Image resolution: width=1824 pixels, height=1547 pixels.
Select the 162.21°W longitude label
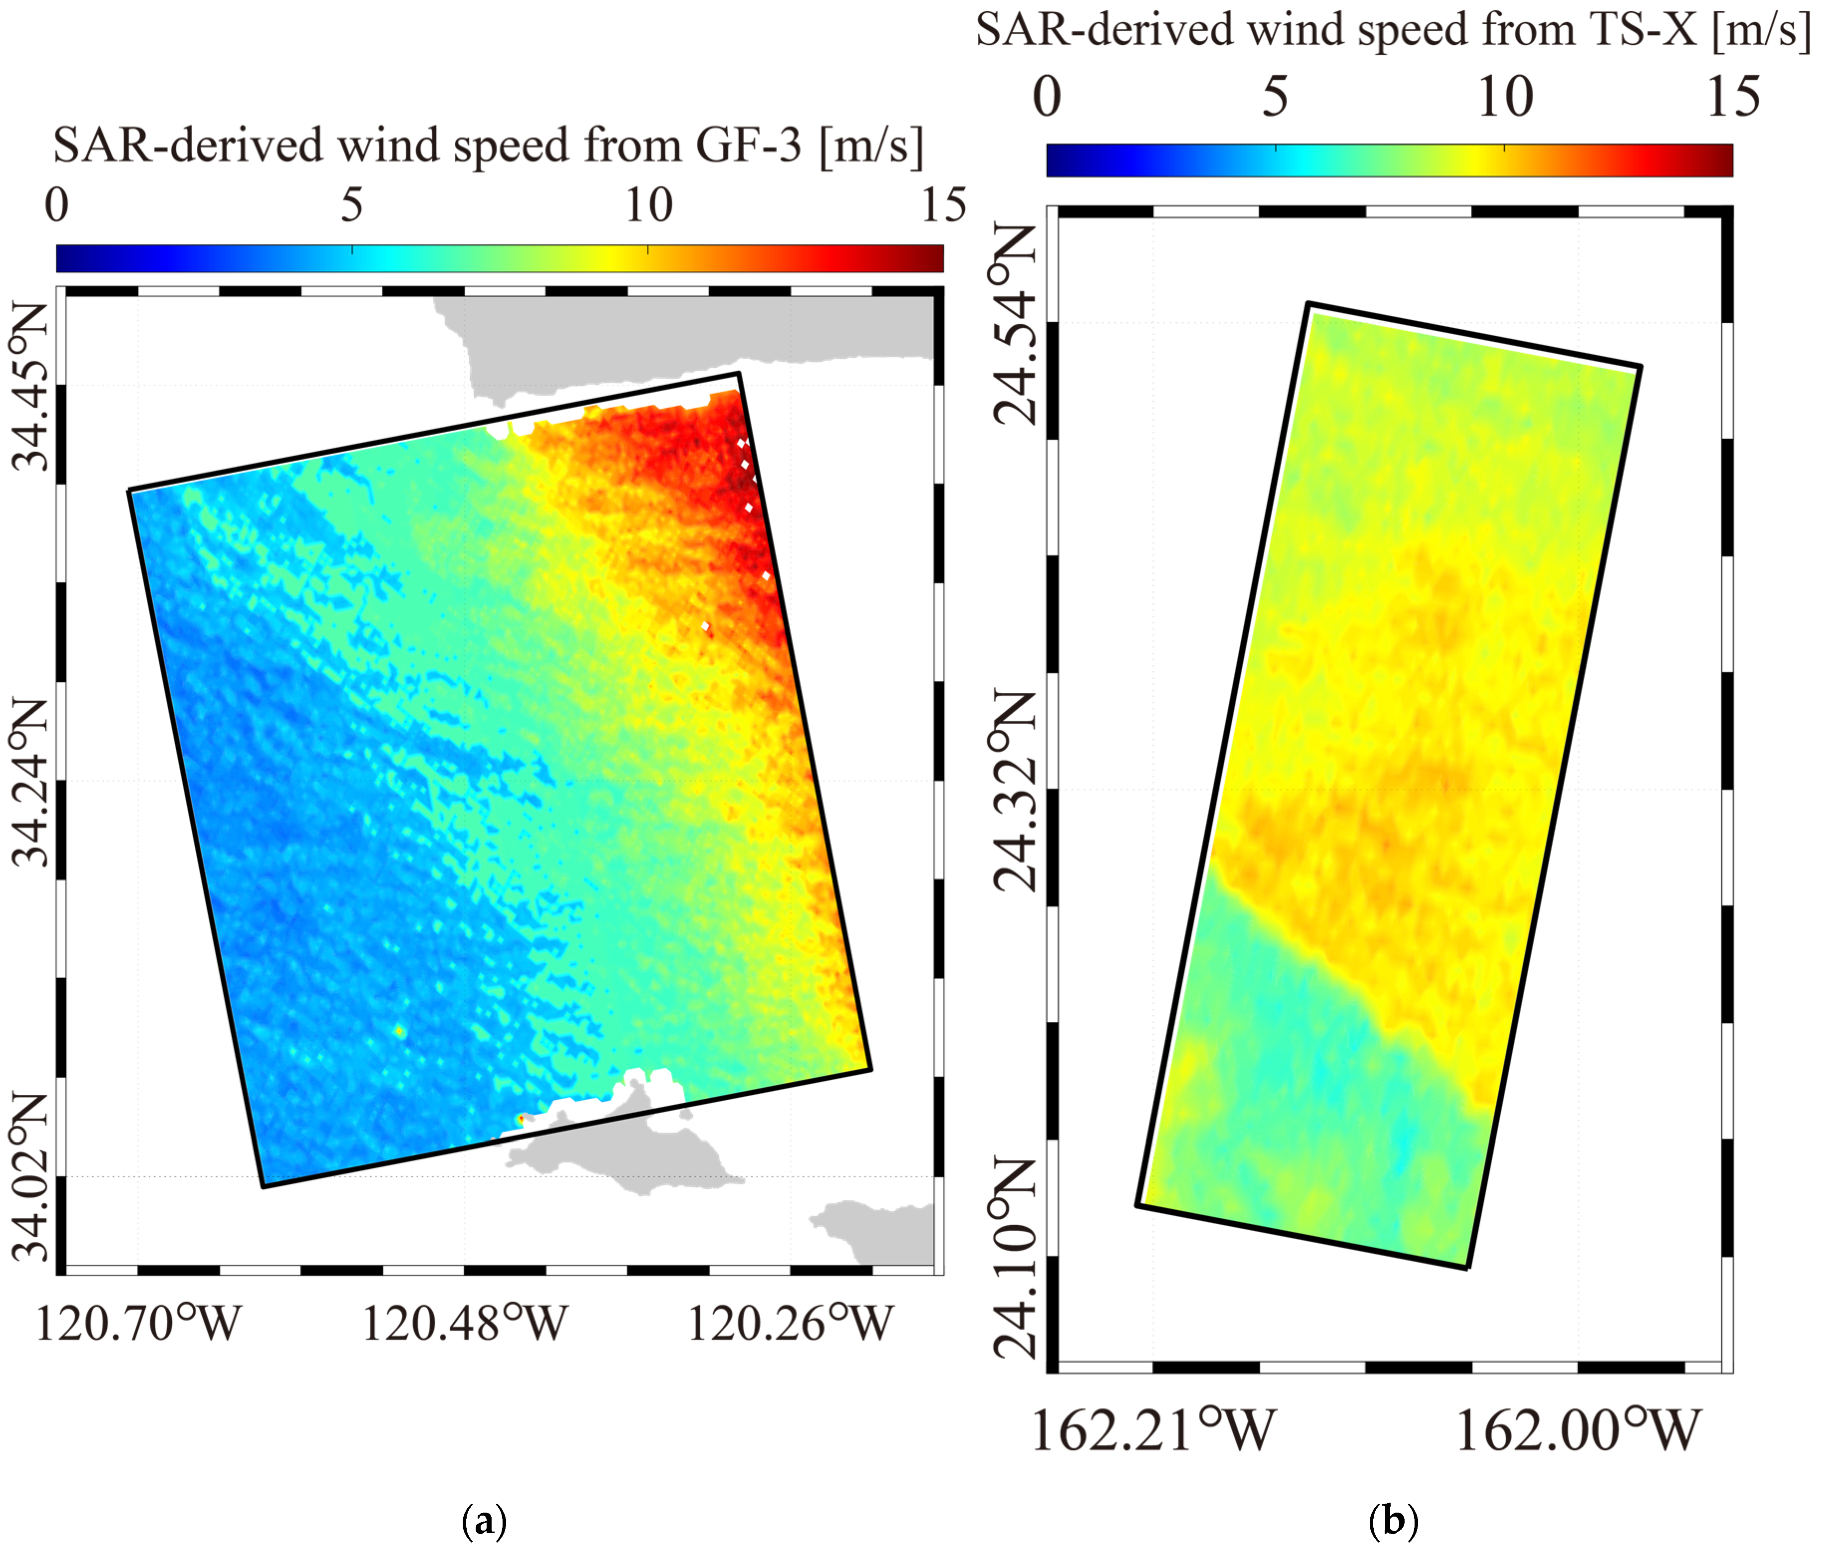(x=1153, y=1431)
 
